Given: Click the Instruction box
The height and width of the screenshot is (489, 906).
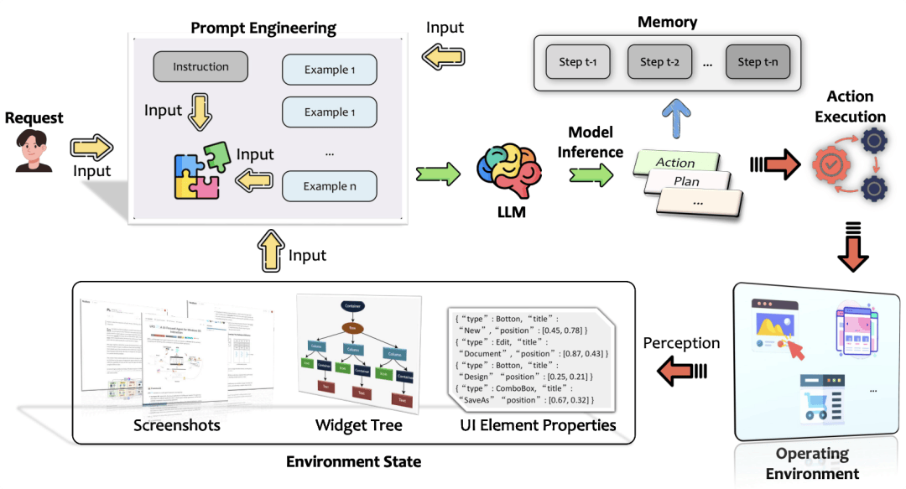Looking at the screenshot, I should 200,67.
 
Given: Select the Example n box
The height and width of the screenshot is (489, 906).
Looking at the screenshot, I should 329,186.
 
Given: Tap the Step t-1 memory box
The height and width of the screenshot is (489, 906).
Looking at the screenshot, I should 577,61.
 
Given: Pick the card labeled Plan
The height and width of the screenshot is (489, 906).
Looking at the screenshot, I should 688,182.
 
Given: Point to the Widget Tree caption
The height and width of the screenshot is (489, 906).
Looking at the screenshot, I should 358,425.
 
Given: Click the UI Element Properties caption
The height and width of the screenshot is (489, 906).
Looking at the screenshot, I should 538,425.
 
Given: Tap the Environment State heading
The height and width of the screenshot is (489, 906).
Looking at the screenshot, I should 353,461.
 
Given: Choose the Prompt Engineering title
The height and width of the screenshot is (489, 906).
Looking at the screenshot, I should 263,28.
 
